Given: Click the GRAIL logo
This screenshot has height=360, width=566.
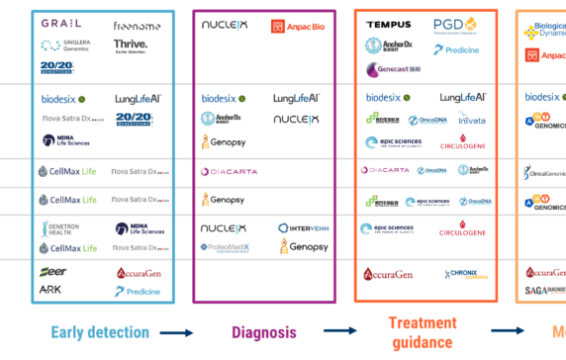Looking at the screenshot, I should [x=61, y=23].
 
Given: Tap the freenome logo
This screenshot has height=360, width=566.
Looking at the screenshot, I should [x=137, y=24].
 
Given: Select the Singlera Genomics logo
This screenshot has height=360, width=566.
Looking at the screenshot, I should [x=64, y=45].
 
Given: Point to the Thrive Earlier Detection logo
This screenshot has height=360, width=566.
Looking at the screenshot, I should [x=131, y=45].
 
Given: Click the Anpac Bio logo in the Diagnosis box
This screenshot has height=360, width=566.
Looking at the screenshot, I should [x=300, y=26].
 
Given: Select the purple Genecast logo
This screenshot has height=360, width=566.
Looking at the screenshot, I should [x=396, y=69].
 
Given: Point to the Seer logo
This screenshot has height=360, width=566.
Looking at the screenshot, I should [x=53, y=272].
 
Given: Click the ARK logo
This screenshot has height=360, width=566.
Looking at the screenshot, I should [x=50, y=290].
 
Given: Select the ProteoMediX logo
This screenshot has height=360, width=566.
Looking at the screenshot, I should [x=226, y=246].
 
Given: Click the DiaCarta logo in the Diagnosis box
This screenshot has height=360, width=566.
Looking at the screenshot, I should [x=230, y=171].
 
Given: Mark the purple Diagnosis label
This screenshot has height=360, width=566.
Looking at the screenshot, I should [x=264, y=332].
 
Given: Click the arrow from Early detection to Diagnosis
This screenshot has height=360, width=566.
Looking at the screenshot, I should [x=176, y=333].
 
